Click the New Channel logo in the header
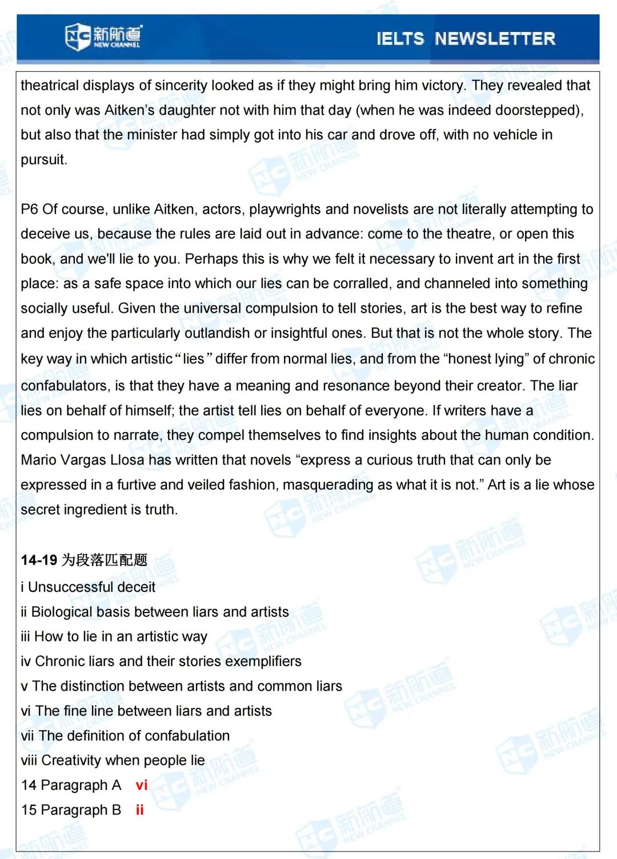103,37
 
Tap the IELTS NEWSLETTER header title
466,38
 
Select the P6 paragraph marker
29,209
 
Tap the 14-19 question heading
84,560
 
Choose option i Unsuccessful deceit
88,587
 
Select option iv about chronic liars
161,662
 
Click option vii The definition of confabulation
125,736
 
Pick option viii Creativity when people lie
113,761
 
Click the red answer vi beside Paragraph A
142,785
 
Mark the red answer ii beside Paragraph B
139,810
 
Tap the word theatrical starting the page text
50,86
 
